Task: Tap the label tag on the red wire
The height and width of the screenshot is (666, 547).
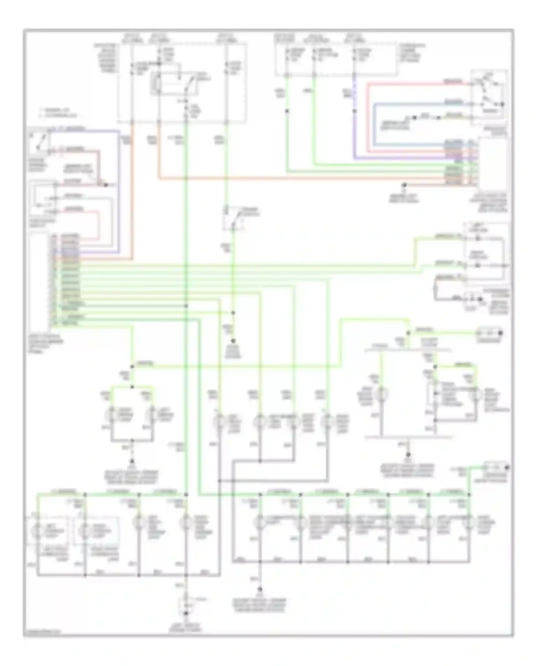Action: tap(453, 82)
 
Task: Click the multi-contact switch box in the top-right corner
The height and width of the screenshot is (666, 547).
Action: tap(489, 97)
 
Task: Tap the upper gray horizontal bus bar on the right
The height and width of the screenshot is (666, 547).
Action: tap(408, 351)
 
